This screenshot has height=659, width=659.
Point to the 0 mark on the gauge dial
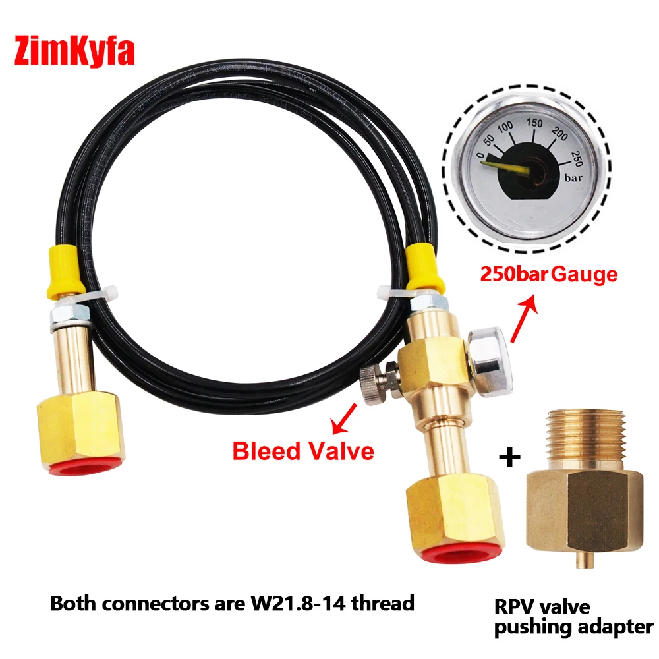click(478, 154)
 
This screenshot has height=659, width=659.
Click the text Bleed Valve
click(303, 451)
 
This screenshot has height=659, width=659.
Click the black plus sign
click(511, 457)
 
